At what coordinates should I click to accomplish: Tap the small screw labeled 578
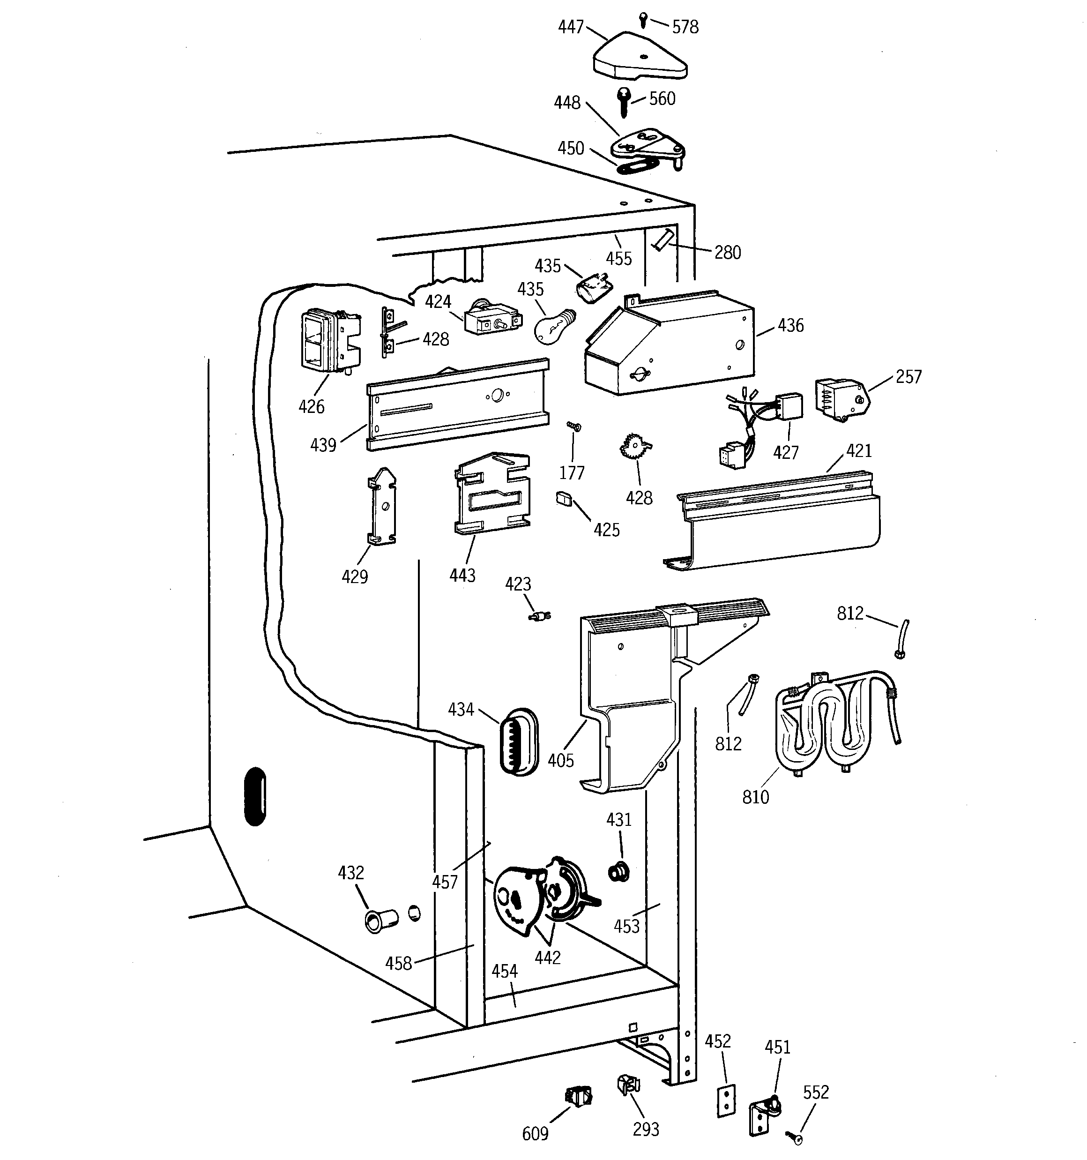tap(642, 19)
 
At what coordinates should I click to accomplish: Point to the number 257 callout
tap(908, 377)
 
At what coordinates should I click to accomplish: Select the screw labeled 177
tap(575, 427)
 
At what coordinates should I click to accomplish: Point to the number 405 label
tap(561, 760)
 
